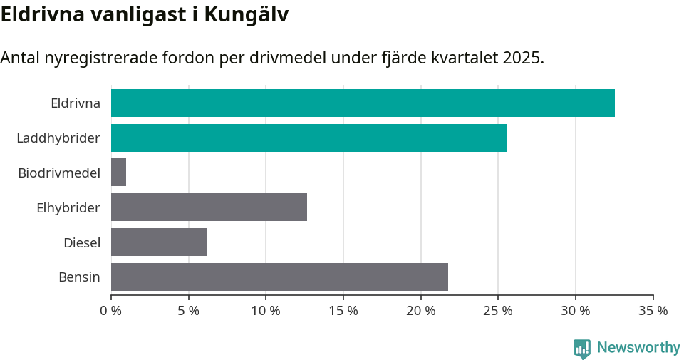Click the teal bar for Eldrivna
coord(363,103)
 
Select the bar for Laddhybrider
coord(309,138)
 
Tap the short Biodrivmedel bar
coord(119,173)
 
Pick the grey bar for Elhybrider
coord(209,207)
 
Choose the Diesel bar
coord(159,242)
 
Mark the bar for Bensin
coord(279,277)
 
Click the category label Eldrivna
coord(76,103)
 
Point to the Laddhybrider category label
coord(58,138)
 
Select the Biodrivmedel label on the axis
coord(59,173)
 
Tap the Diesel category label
coord(82,242)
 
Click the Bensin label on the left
coord(79,277)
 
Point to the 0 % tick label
coord(111,311)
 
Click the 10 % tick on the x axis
coord(266,311)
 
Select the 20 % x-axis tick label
coord(420,311)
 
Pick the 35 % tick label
coord(653,311)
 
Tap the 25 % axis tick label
coord(498,311)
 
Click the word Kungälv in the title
coord(247,15)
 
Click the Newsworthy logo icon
coord(582,349)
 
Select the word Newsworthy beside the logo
coord(638,348)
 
